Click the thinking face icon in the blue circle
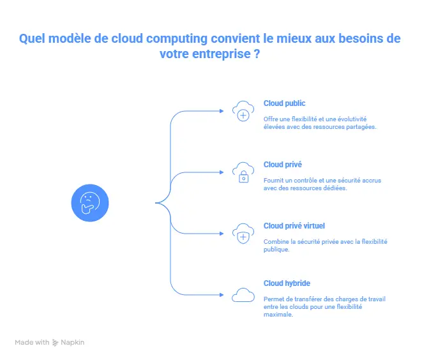coord(90,203)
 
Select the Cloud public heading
coord(285,103)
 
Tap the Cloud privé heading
coord(283,165)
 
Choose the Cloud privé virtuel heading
coord(294,226)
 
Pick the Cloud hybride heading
coord(287,283)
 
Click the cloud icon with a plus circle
coord(243,111)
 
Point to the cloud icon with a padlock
coord(243,172)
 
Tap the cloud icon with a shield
coord(243,234)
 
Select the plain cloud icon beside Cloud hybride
coord(243,295)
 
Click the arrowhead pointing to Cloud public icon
coord(222,111)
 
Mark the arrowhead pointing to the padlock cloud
coord(222,172)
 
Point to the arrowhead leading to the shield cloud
coord(222,234)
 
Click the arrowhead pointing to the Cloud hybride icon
coord(222,295)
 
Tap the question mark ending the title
coord(257,54)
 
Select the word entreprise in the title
coord(222,54)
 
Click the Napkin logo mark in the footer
coord(55,343)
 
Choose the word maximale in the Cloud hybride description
coord(278,315)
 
